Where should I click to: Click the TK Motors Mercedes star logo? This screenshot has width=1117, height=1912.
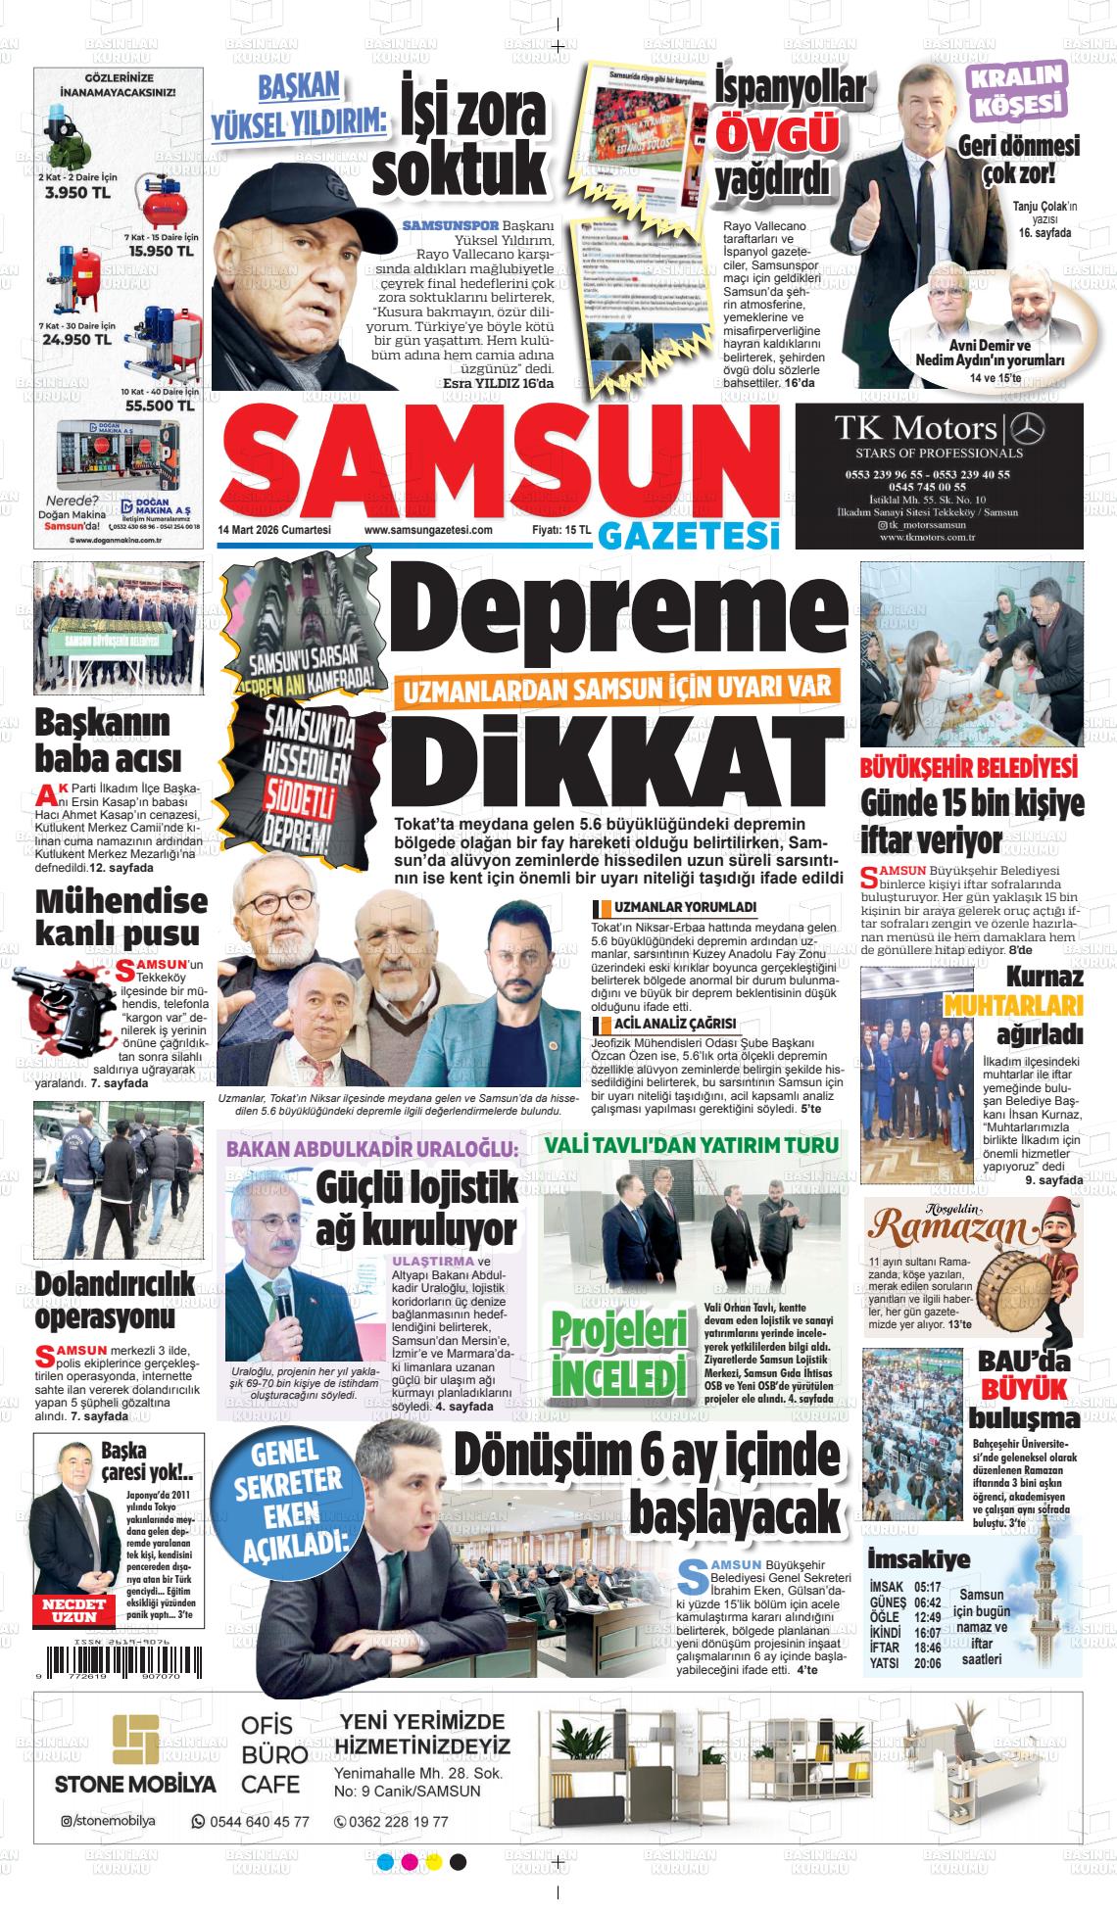(1027, 428)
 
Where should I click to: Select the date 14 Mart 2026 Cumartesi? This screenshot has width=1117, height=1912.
(274, 530)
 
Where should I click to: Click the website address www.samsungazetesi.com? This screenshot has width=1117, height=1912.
(428, 530)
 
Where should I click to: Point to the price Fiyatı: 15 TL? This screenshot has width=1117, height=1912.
(561, 530)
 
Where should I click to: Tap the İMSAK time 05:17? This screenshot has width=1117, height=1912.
(927, 1587)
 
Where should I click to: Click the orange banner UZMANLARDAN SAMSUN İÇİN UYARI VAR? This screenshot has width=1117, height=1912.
(617, 689)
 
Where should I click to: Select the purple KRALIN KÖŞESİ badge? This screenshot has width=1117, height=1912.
(1016, 90)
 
